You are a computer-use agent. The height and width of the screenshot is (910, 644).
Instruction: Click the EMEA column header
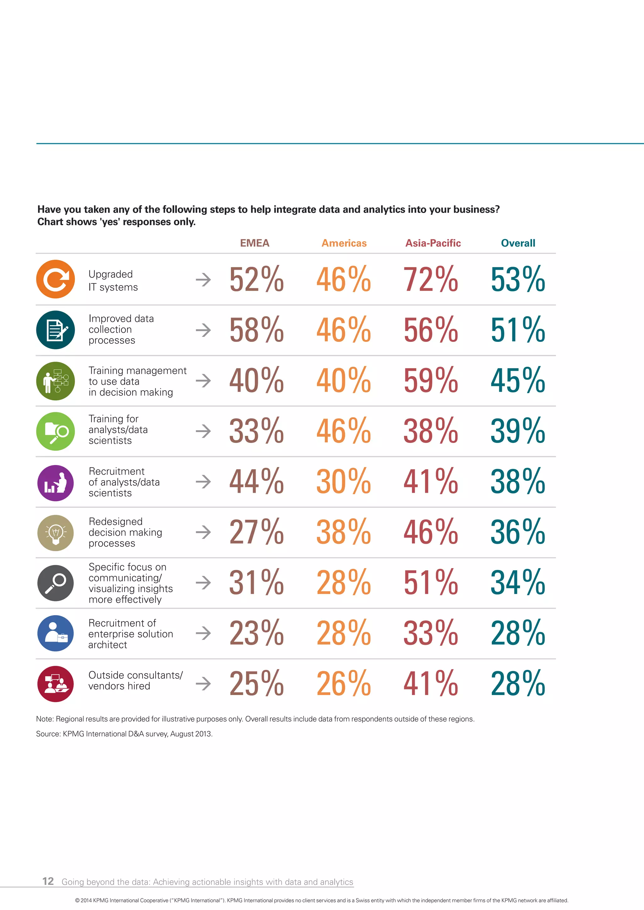(255, 243)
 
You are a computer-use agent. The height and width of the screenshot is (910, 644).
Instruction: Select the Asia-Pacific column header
(433, 243)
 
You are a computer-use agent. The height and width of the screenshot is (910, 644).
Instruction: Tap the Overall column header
(518, 243)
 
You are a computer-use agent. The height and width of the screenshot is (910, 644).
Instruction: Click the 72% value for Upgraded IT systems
(431, 279)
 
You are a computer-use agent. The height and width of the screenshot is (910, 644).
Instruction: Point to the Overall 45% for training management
(518, 381)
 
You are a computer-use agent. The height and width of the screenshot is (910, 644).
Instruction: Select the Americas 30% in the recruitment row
(343, 482)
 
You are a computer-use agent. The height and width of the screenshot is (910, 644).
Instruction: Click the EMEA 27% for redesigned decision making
(257, 532)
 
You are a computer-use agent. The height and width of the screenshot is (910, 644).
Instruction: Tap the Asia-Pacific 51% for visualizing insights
(431, 582)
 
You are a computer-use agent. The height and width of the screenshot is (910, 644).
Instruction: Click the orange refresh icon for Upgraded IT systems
(56, 279)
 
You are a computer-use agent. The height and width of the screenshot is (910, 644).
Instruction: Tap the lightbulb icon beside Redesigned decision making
(56, 532)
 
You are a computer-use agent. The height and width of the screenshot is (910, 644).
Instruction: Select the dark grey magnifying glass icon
(56, 583)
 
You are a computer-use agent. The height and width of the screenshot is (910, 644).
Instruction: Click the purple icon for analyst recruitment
(56, 483)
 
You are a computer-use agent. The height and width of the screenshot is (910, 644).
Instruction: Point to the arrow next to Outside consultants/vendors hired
(203, 683)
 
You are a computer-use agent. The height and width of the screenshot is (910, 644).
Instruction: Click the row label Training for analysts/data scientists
(118, 430)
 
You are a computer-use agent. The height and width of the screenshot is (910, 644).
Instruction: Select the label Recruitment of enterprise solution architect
(130, 633)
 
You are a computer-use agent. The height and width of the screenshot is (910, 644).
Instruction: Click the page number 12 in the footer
(48, 881)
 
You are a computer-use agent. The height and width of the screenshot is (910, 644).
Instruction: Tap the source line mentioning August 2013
(124, 734)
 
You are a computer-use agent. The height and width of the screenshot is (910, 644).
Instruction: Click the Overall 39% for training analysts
(518, 431)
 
